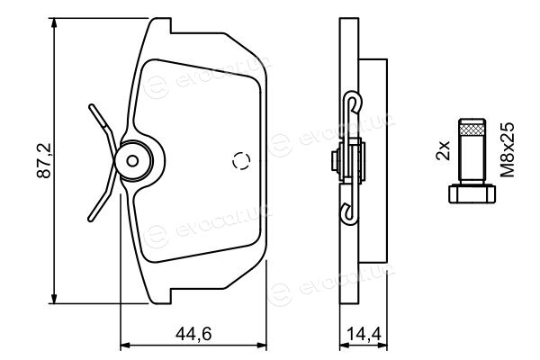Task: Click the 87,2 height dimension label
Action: coord(44,161)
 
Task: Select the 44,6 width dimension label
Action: coord(193,334)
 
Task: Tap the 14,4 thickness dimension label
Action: coord(364,334)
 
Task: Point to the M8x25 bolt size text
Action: coord(508,150)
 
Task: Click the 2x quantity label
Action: coord(443,150)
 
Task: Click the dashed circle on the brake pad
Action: coord(241,160)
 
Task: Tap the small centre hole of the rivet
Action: coord(132,160)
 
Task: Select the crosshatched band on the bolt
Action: coord(472,130)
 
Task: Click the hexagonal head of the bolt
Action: coord(472,194)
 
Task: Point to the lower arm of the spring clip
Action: coord(103,198)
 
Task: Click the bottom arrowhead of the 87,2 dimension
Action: coord(54,298)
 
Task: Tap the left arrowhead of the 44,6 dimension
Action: coord(125,345)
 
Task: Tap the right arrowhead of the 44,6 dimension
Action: coord(261,345)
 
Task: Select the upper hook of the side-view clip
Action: coord(355,100)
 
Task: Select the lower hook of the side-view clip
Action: coord(348,215)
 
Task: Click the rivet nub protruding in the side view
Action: coord(335,160)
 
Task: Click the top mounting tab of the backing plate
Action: coord(159,25)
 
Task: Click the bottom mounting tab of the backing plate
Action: coord(159,296)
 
